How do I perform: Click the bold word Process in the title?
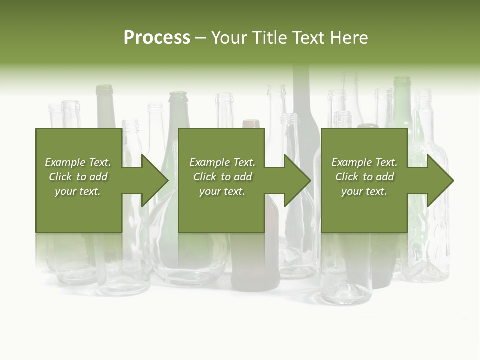coord(157,38)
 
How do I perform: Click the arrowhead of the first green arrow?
coord(155,180)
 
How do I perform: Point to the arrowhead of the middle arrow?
coord(298,180)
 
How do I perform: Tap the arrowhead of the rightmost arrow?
coord(440,180)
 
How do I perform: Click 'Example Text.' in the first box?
coord(78,162)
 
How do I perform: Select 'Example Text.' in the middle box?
coord(222,162)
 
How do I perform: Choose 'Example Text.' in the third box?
coord(364,162)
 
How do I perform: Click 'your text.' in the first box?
coord(78,191)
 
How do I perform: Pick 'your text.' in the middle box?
coord(222,191)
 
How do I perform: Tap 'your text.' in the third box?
coord(364,191)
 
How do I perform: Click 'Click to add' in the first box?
coord(78,177)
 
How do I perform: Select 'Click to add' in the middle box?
coord(222,177)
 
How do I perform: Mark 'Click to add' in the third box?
coord(364,177)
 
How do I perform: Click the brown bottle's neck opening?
coord(251,122)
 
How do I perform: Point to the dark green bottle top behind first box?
coord(104,90)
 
